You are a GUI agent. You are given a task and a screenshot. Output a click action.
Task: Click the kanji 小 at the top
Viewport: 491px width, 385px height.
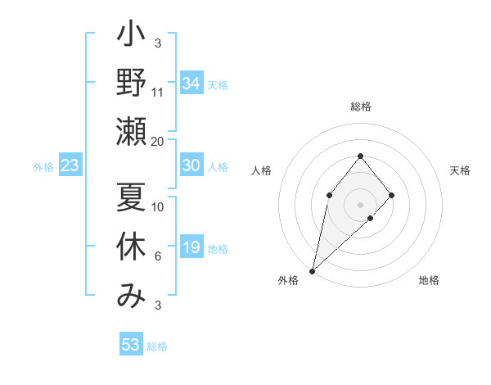point(132,38)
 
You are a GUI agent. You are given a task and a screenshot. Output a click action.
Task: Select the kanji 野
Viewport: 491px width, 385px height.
point(132,83)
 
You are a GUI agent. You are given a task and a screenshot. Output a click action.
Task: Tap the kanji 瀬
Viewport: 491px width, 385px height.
point(132,132)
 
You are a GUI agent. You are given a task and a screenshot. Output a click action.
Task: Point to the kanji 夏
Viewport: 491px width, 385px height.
point(132,197)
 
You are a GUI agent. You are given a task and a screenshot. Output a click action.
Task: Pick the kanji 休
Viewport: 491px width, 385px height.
point(132,247)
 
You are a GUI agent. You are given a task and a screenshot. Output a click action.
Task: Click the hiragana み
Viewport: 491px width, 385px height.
point(132,295)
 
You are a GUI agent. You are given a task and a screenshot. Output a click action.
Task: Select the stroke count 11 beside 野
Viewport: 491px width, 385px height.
point(158,93)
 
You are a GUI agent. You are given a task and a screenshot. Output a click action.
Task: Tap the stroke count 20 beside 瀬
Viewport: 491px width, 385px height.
point(158,142)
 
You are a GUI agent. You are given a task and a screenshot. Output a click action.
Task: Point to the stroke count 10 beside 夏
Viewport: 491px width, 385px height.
point(158,207)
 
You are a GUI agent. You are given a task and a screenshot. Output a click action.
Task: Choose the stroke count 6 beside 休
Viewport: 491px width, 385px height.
point(158,256)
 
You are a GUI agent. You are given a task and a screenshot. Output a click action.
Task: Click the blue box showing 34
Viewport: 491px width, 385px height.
point(191,84)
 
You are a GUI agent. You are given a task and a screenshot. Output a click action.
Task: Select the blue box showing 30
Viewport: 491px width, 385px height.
point(191,165)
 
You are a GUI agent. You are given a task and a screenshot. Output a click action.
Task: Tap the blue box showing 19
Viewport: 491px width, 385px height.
point(191,247)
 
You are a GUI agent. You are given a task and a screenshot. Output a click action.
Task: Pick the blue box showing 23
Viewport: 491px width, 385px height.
point(70,165)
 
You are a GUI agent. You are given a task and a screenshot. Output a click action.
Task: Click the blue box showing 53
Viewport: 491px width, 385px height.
point(131,345)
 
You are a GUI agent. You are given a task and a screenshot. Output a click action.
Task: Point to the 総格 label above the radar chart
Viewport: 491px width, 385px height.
point(360,106)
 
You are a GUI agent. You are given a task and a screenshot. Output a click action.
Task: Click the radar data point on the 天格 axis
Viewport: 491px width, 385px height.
point(392,195)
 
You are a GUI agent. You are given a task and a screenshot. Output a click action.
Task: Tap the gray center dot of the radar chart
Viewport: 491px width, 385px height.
point(360,205)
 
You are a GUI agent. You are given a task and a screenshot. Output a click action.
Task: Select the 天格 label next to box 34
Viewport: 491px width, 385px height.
point(218,85)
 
